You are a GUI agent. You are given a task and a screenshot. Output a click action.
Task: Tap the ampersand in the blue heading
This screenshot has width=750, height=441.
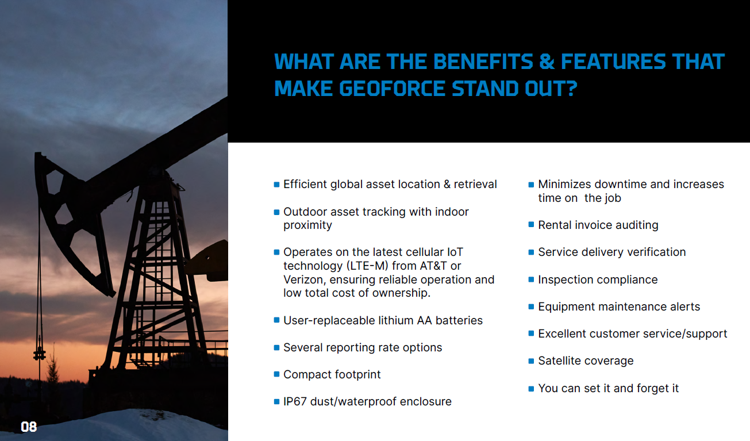(547, 62)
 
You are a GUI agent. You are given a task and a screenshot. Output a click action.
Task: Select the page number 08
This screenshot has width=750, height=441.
(29, 427)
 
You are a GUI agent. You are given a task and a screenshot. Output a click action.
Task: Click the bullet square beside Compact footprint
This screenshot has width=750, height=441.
(276, 374)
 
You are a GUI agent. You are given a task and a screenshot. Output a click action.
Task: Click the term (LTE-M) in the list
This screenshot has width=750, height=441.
(367, 266)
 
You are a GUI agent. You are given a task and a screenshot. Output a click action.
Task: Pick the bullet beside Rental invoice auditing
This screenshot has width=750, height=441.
(531, 224)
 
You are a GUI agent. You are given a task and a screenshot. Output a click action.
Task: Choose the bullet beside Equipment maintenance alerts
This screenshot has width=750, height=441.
(531, 306)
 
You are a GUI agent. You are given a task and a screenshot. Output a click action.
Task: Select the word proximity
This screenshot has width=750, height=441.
(307, 225)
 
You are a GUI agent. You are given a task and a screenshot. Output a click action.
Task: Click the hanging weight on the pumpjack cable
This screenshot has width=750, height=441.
(40, 352)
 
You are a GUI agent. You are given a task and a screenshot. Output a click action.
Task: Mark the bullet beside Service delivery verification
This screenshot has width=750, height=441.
(531, 252)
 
